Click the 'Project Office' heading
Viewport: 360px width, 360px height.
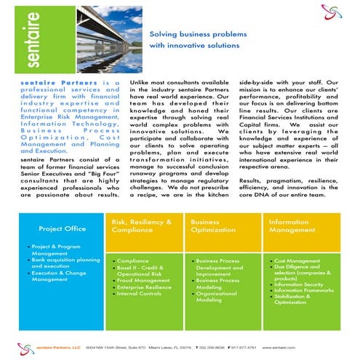[63, 228]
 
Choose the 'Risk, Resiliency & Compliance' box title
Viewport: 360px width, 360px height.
[141, 225]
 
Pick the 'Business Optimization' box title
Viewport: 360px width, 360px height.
[210, 225]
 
